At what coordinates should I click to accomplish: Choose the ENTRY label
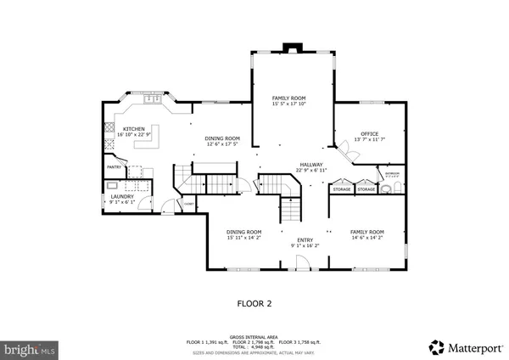pyautogui.click(x=305, y=240)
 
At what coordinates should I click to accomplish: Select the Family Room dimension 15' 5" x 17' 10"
pyautogui.click(x=288, y=104)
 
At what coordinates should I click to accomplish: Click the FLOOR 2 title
pyautogui.click(x=254, y=301)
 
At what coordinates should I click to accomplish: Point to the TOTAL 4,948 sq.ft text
pyautogui.click(x=255, y=347)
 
